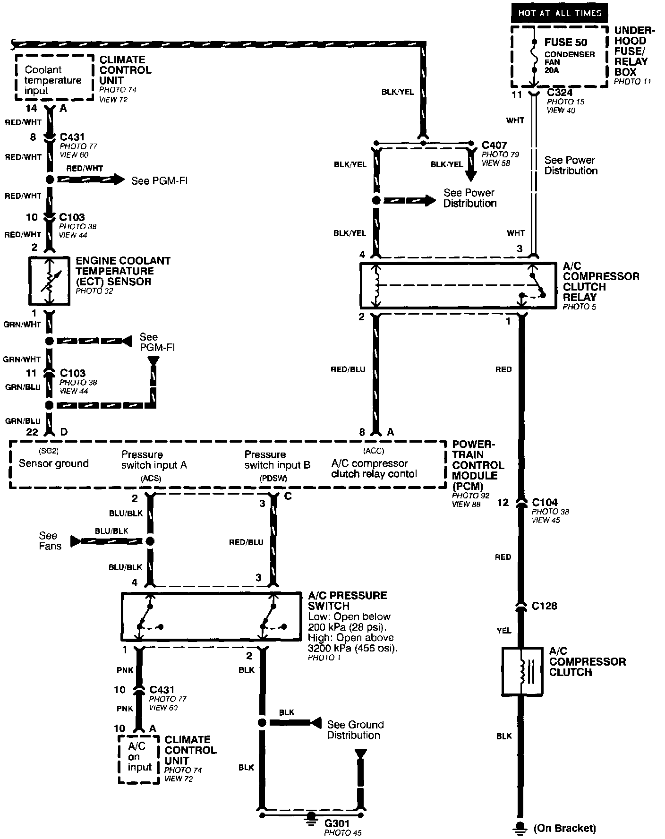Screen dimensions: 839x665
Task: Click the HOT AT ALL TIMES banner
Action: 559,13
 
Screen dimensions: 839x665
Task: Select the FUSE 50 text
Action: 565,43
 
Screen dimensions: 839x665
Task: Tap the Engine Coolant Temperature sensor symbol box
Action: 49,282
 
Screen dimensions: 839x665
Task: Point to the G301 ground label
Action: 336,823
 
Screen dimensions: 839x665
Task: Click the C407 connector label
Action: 494,145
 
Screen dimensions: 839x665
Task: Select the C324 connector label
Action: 560,93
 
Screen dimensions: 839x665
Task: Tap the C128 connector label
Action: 544,606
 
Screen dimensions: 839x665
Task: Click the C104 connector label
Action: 544,502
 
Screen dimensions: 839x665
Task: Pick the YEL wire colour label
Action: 504,630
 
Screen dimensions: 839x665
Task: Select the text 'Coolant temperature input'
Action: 52,80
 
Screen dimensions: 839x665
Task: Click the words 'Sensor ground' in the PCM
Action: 54,463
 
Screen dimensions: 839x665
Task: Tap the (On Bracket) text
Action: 564,828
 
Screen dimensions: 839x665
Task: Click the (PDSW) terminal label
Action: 273,479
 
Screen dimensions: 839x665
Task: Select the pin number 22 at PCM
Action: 32,432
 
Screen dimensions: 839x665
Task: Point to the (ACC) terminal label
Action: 373,450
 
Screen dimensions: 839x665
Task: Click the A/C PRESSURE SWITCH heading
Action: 347,600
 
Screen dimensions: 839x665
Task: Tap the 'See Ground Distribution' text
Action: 355,729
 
